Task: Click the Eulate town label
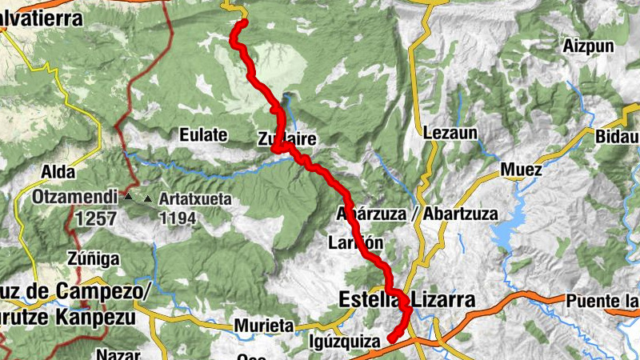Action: [203, 134]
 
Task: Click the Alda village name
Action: [58, 172]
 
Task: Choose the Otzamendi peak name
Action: [76, 196]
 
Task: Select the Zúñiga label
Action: [94, 258]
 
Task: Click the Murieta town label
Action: [263, 326]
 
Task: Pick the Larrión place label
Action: [356, 242]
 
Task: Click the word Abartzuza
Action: [460, 214]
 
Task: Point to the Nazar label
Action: [118, 354]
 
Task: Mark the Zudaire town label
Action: [287, 139]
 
